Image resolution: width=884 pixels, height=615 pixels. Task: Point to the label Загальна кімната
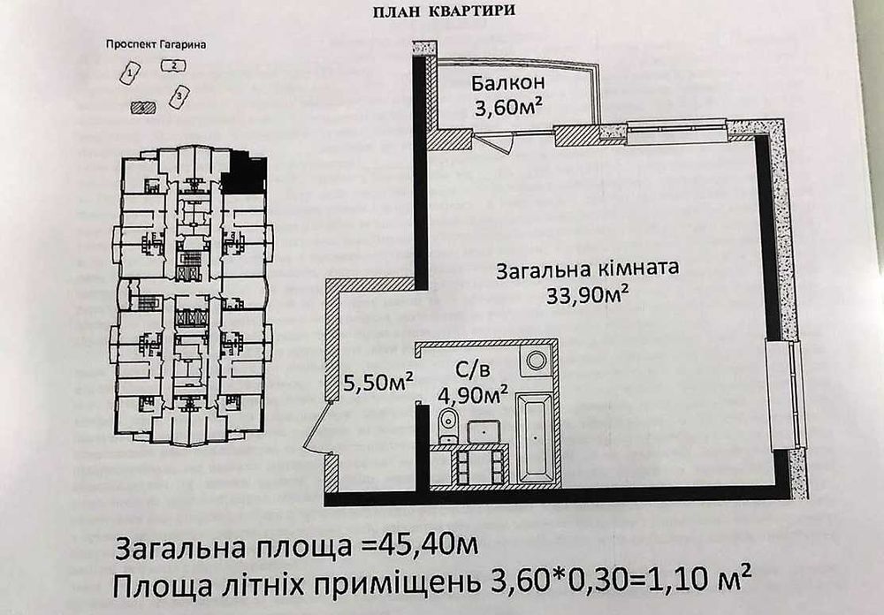(587, 268)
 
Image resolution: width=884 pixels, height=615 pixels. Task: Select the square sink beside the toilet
(484, 431)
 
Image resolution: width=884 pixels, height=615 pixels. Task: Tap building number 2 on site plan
(173, 65)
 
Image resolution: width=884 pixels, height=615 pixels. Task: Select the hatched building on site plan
(142, 106)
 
